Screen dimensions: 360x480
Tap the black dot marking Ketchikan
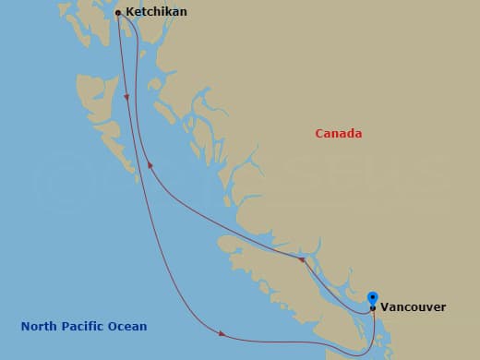click(x=118, y=13)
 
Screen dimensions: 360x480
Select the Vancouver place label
click(x=414, y=306)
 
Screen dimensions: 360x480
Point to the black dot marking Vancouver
click(x=373, y=308)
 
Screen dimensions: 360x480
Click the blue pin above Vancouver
click(x=373, y=297)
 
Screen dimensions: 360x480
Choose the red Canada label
click(x=338, y=134)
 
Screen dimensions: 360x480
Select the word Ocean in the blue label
click(x=129, y=326)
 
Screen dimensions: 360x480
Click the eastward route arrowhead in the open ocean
click(x=223, y=333)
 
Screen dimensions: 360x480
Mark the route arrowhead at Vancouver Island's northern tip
click(x=301, y=261)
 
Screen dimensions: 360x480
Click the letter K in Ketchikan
click(x=128, y=12)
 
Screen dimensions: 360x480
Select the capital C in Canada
click(x=318, y=134)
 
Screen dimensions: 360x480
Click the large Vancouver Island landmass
click(x=277, y=277)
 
